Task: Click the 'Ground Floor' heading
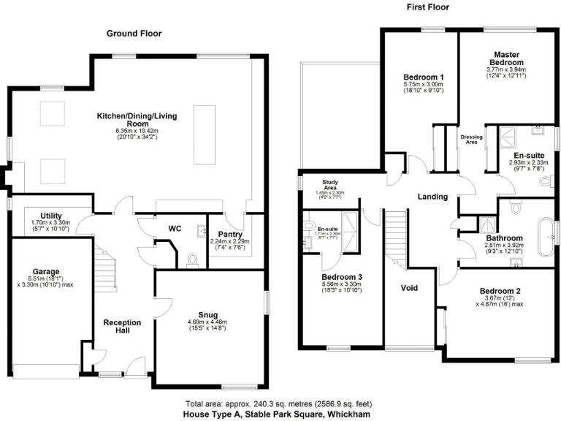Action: pyautogui.click(x=134, y=34)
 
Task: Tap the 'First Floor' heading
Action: pyautogui.click(x=427, y=7)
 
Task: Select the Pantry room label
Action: pyautogui.click(x=229, y=235)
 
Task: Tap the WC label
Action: pyautogui.click(x=175, y=229)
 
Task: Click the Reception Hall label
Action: pyautogui.click(x=122, y=322)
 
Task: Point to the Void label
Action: pyautogui.click(x=410, y=288)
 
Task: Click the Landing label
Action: pyautogui.click(x=432, y=197)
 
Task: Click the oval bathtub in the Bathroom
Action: pyautogui.click(x=543, y=237)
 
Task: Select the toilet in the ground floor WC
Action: pyautogui.click(x=192, y=259)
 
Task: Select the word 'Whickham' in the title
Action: pyautogui.click(x=348, y=414)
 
